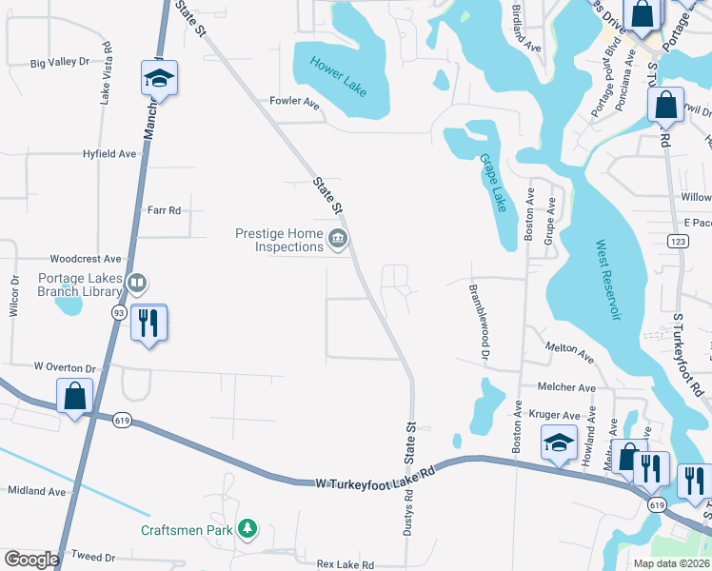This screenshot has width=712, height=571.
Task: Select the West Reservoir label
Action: pyautogui.click(x=607, y=280)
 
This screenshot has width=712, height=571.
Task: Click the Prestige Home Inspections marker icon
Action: pyautogui.click(x=337, y=240)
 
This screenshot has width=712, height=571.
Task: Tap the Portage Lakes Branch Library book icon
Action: pyautogui.click(x=138, y=284)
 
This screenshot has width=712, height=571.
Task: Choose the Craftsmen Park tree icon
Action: pyautogui.click(x=247, y=528)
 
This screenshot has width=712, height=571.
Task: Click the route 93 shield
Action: pyautogui.click(x=119, y=312)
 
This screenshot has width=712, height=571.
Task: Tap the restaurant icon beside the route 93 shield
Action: pyautogui.click(x=148, y=322)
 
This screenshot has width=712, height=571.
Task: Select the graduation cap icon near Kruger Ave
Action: pyautogui.click(x=559, y=442)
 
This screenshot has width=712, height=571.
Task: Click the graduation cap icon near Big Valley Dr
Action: pyautogui.click(x=160, y=78)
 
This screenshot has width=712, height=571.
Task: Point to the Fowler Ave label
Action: pyautogui.click(x=294, y=101)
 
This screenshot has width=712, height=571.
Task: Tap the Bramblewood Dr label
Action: pyautogui.click(x=478, y=322)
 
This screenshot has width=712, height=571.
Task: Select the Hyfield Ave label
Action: pyautogui.click(x=109, y=153)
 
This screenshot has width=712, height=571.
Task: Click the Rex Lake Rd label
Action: pyautogui.click(x=346, y=564)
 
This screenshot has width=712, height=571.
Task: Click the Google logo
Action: pyautogui.click(x=30, y=560)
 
